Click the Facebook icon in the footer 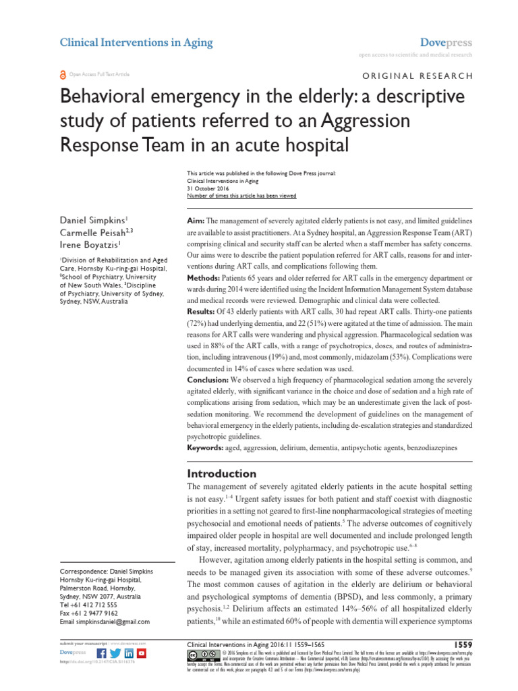coord(102,654)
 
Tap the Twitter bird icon coord(115,654)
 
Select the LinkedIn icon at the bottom coord(129,654)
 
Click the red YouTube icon coord(142,654)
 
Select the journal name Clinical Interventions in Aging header coord(136,43)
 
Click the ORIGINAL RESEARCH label coord(418,76)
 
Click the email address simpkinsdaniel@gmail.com coord(105,622)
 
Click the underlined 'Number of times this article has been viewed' coord(241,196)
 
